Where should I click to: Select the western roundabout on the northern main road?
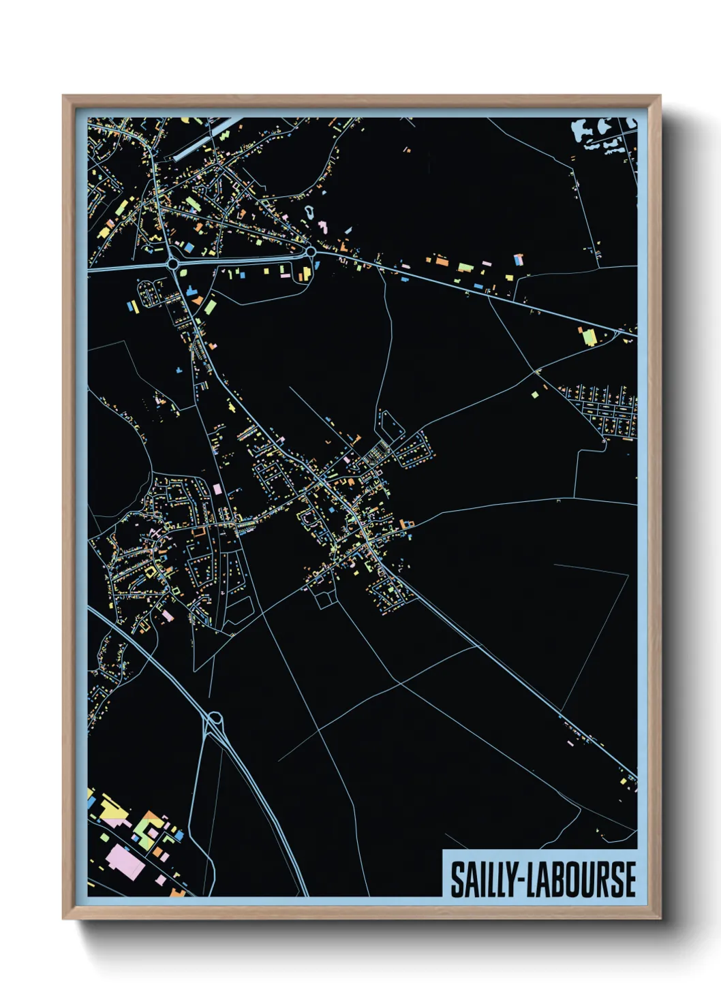click(172, 264)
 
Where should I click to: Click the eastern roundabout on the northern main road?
click(311, 252)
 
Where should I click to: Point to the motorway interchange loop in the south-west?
click(215, 719)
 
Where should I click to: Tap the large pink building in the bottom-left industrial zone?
click(125, 860)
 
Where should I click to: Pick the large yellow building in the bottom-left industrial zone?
click(113, 810)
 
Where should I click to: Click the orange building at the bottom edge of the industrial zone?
click(179, 891)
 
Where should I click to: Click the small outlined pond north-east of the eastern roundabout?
click(309, 212)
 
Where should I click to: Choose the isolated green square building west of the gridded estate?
click(535, 394)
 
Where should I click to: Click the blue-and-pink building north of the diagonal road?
click(519, 259)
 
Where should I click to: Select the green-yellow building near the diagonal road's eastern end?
click(587, 336)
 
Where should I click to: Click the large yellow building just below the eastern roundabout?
click(305, 273)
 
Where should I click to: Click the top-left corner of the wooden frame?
click(64, 97)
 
